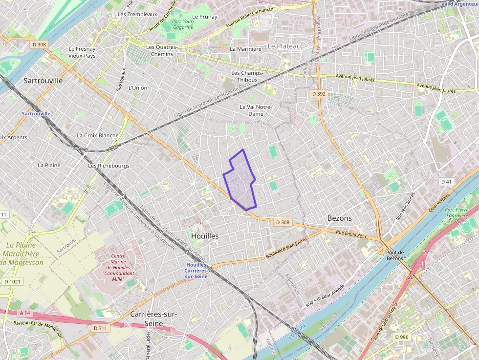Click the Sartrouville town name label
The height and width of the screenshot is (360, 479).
click(43, 81)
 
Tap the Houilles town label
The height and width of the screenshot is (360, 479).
click(205, 235)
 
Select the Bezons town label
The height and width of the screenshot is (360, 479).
click(339, 218)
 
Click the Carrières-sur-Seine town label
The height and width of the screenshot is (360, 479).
click(153, 318)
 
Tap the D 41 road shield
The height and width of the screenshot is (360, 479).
click(446, 182)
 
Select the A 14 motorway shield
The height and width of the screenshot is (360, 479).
click(25, 313)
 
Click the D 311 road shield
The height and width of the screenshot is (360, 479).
click(100, 328)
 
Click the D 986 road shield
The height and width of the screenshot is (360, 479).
click(402, 337)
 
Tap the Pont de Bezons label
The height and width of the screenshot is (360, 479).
click(394, 255)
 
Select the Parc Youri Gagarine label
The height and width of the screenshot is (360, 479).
click(182, 24)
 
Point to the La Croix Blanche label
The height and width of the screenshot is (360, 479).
click(97, 135)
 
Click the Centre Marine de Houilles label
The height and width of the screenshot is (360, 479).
click(118, 267)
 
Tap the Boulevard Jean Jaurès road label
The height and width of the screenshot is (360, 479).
click(286, 248)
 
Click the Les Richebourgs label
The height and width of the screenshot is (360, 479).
click(109, 166)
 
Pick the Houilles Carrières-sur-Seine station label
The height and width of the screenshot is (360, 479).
click(196, 270)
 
